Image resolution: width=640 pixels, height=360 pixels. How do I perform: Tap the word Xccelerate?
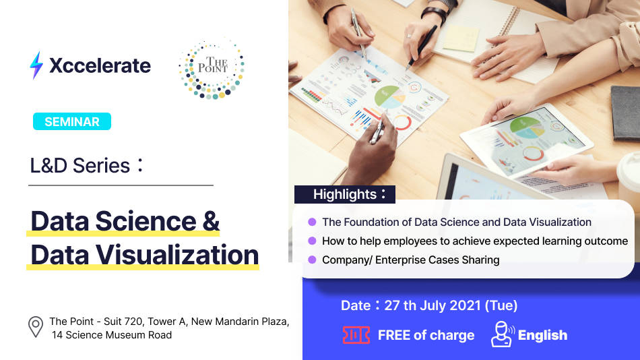pyautogui.click(x=100, y=65)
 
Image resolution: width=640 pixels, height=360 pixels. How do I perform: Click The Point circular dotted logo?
pyautogui.click(x=212, y=68)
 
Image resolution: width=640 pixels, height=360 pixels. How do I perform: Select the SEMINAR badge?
pyautogui.click(x=71, y=121)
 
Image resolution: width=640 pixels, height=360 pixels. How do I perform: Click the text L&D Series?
pyautogui.click(x=80, y=165)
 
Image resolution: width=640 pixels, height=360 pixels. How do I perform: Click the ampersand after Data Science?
pyautogui.click(x=211, y=221)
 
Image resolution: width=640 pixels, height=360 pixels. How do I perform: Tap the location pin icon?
pyautogui.click(x=36, y=328)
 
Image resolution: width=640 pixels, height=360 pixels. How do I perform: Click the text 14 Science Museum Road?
pyautogui.click(x=112, y=335)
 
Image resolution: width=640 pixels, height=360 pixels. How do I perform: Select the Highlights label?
pyautogui.click(x=344, y=194)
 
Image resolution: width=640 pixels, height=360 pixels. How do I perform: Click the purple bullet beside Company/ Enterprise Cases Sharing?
pyautogui.click(x=312, y=260)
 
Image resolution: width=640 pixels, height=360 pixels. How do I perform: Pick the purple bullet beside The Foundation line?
pyautogui.click(x=312, y=222)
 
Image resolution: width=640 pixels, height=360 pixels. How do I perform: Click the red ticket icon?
pyautogui.click(x=356, y=335)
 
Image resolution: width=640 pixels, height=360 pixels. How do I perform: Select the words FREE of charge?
pyautogui.click(x=426, y=335)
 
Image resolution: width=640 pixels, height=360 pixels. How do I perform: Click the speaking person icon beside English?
pyautogui.click(x=503, y=334)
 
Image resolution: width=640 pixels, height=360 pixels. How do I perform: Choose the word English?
pyautogui.click(x=542, y=335)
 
